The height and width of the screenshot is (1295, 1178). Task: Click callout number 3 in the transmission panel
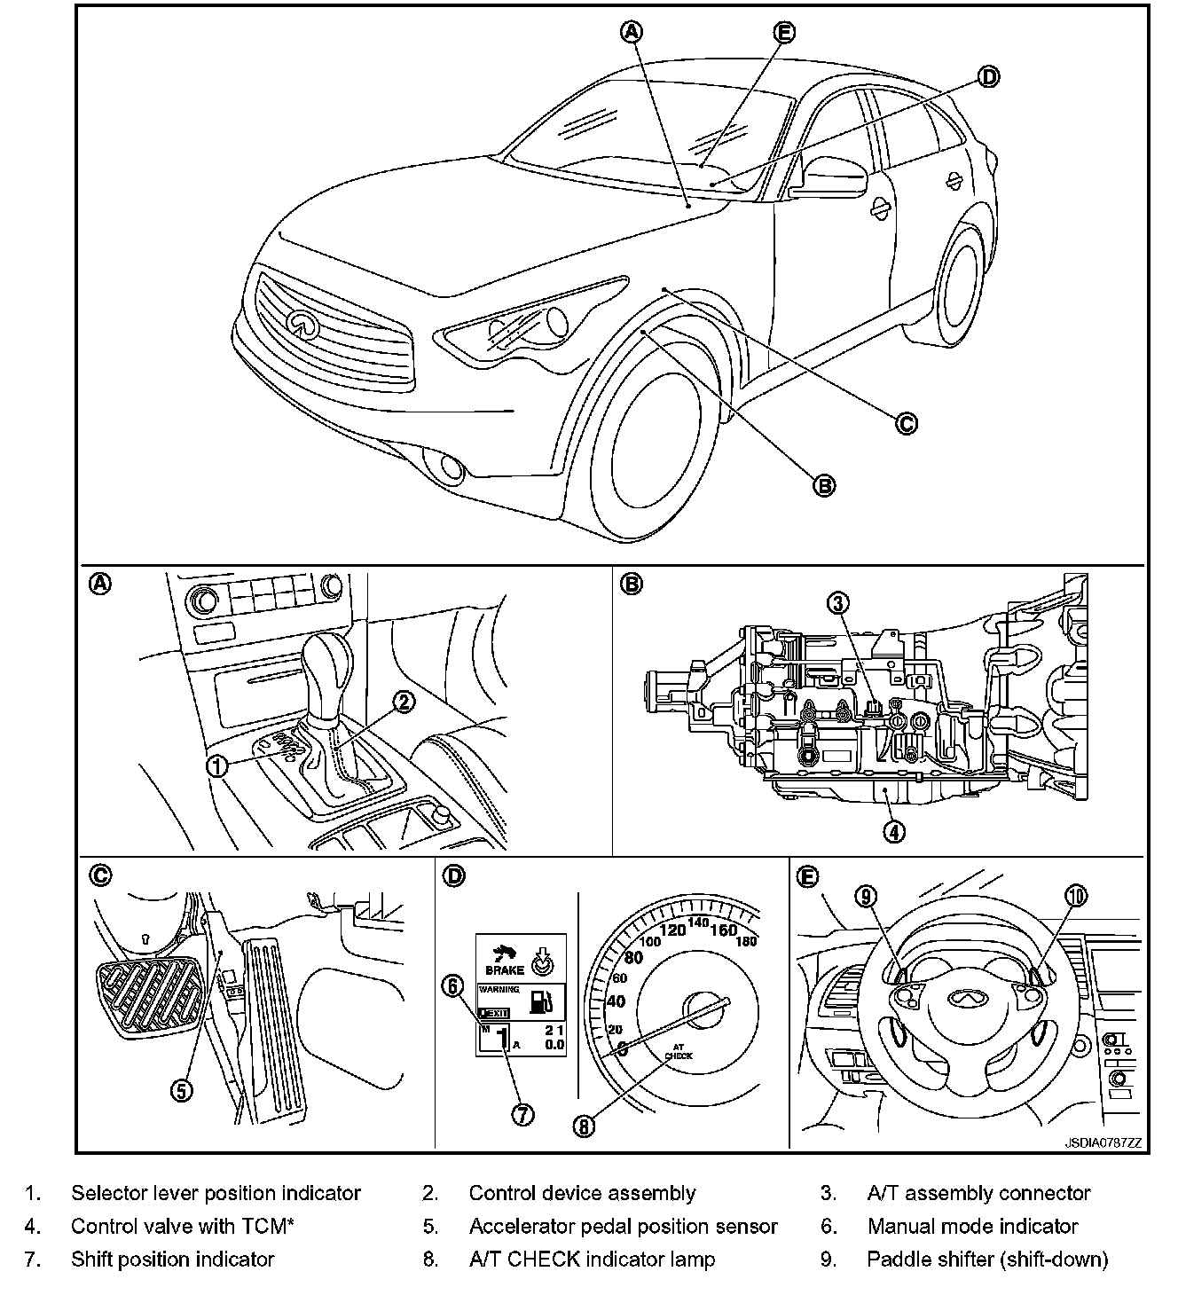(838, 603)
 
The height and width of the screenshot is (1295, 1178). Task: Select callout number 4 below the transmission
(894, 831)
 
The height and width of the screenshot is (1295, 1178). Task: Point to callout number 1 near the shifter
(217, 765)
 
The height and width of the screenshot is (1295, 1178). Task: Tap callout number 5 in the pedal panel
(181, 1090)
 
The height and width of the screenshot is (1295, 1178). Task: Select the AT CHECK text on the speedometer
(679, 1051)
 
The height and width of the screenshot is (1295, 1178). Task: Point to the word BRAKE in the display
(505, 969)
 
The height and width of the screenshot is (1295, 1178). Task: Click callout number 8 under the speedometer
(583, 1126)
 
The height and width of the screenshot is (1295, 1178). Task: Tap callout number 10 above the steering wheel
(1075, 897)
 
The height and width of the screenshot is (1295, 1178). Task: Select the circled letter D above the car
(988, 76)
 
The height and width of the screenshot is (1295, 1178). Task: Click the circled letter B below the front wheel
(824, 484)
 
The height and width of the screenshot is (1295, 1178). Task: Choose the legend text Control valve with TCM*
(183, 1226)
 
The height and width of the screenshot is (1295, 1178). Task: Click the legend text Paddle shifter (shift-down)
(987, 1259)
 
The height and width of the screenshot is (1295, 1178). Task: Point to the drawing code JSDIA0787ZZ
(1103, 1142)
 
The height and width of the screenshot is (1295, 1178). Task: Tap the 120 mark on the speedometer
(673, 930)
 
